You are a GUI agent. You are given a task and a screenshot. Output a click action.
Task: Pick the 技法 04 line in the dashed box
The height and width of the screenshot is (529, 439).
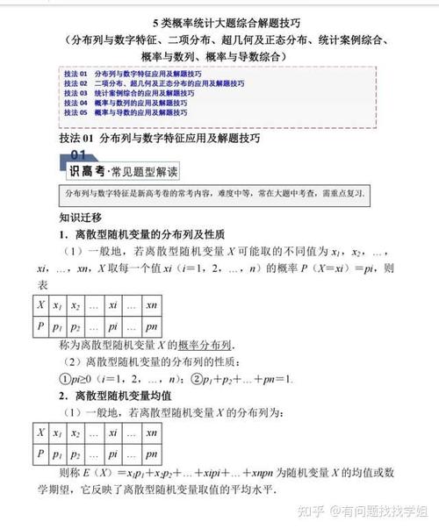123,102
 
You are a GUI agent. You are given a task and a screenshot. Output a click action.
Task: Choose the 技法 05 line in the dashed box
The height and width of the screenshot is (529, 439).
123,112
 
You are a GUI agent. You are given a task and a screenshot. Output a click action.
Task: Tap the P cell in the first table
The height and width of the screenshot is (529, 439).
40,325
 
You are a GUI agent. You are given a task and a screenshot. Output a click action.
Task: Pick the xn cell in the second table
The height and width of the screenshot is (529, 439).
151,432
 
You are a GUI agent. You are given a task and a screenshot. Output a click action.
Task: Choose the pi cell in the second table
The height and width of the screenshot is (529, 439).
113,454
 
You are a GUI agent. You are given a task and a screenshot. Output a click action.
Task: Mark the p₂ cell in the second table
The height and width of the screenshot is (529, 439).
76,454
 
